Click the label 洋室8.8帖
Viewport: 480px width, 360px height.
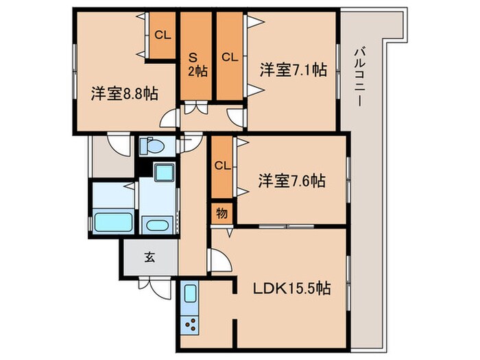(x=124, y=93)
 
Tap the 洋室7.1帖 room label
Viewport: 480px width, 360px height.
(x=292, y=69)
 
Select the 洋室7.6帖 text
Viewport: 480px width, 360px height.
(x=291, y=181)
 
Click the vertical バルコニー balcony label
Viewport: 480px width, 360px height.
(x=359, y=75)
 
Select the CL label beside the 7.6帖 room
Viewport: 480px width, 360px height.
(x=221, y=165)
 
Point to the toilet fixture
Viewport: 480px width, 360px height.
(x=152, y=145)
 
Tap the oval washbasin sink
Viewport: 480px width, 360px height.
(x=158, y=225)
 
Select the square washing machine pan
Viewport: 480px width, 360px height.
(x=164, y=173)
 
